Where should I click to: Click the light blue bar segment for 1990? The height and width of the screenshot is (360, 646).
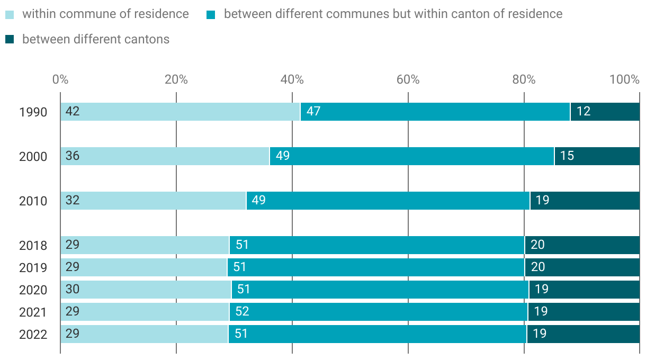pos(180,112)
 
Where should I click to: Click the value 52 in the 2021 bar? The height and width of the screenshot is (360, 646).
pos(242,312)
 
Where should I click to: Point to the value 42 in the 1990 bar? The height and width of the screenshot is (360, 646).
pos(73,112)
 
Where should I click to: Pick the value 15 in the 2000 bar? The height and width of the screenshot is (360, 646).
pos(567,156)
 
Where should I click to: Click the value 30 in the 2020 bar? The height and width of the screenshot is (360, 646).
pos(73,290)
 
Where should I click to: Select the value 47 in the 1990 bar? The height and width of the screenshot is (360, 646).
pos(313,112)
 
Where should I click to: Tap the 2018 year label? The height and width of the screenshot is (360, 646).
pos(33,246)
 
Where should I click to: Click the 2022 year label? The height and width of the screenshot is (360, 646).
pos(33,335)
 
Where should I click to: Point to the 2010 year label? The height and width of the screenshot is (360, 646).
pos(33,201)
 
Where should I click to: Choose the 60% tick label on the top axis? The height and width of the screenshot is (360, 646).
pos(408,80)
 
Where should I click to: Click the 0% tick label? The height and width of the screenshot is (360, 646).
pos(60,80)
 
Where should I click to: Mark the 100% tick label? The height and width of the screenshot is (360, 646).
pos(624,80)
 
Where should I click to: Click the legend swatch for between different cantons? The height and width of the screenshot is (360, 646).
pos(10,39)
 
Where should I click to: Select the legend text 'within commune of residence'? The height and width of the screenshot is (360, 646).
pos(105,14)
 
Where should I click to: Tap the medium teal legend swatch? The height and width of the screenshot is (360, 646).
pos(211,14)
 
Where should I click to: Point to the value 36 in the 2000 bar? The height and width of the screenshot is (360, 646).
pos(73,156)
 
